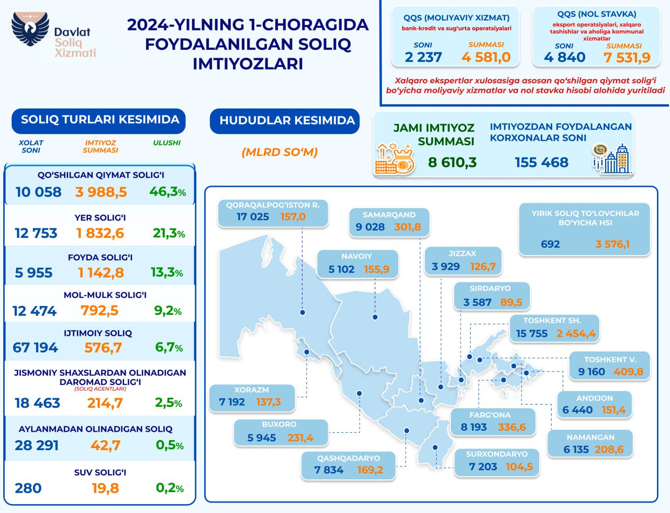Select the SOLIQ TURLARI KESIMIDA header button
click(x=99, y=120)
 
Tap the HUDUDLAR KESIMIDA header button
click(x=286, y=121)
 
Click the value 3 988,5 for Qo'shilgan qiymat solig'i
click(x=101, y=192)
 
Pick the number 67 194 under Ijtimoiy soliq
click(x=35, y=348)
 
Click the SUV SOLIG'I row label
click(x=100, y=473)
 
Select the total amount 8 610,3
click(x=452, y=162)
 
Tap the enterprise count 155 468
click(x=541, y=162)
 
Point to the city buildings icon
click(x=612, y=158)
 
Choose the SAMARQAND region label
click(x=389, y=215)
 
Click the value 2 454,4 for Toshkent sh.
click(x=576, y=334)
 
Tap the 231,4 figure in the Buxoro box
click(x=300, y=438)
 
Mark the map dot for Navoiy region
click(x=375, y=317)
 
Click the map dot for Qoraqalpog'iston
click(x=303, y=312)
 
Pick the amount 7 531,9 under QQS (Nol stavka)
click(x=627, y=57)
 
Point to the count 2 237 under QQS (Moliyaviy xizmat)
click(x=423, y=57)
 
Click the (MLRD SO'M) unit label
click(x=280, y=152)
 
